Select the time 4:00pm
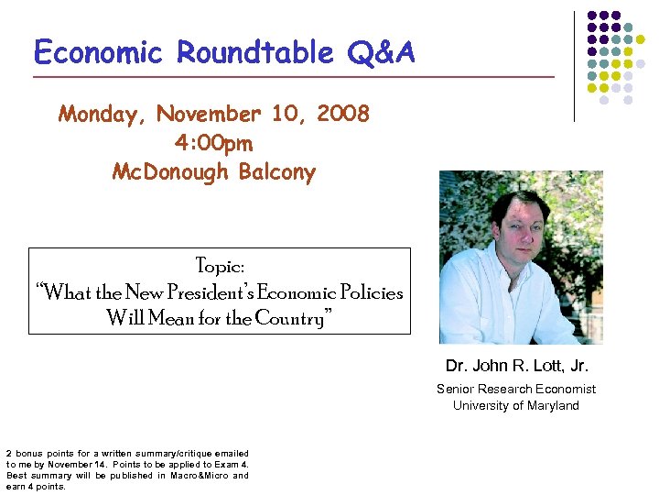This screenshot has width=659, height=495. coord(213,144)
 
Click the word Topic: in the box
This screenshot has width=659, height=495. coord(220,266)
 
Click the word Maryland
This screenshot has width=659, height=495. coord(553,406)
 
